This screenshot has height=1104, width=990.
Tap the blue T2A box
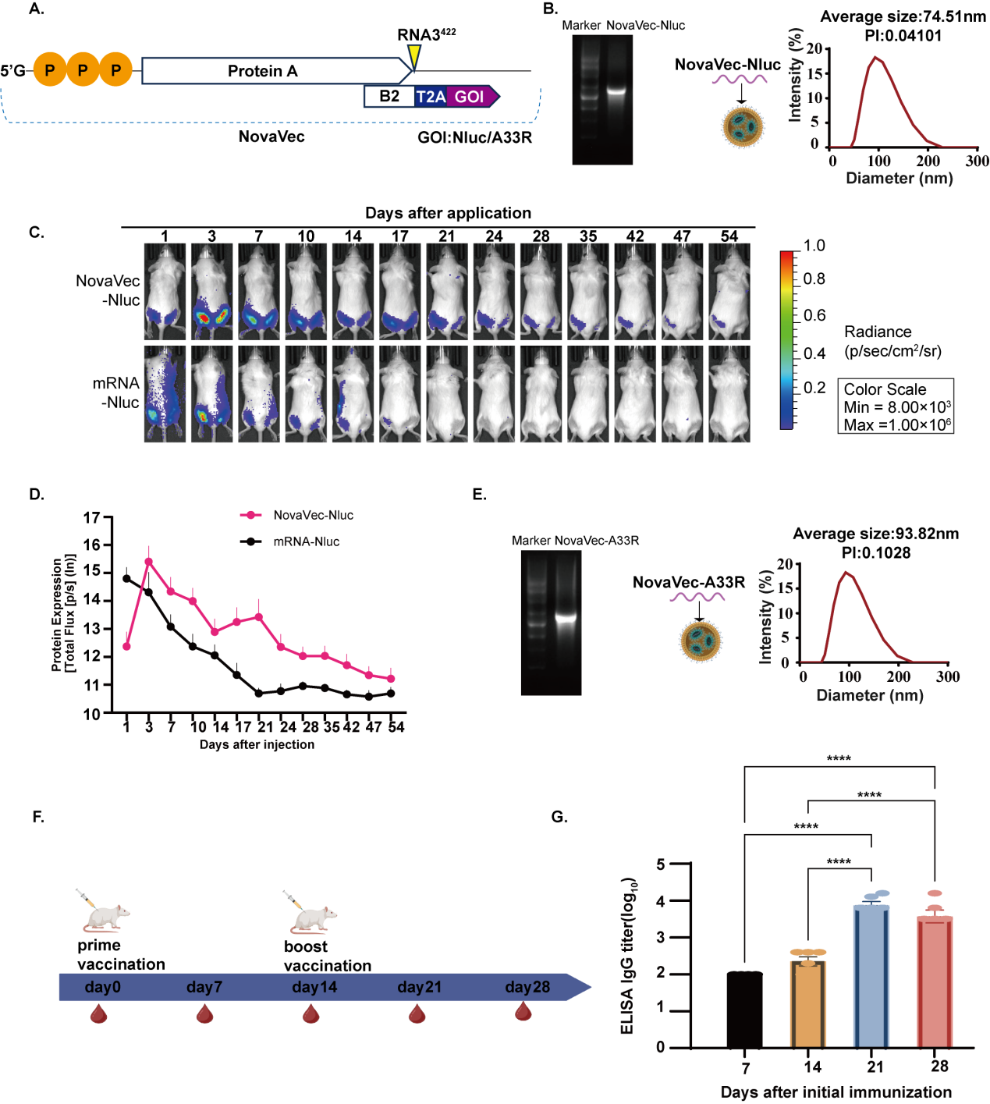pyautogui.click(x=431, y=97)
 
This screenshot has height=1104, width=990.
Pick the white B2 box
pyautogui.click(x=389, y=97)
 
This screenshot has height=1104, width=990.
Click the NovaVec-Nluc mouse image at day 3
pyautogui.click(x=212, y=292)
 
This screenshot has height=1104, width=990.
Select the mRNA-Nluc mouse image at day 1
pyautogui.click(x=165, y=393)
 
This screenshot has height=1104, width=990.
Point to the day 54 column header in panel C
pyautogui.click(x=729, y=236)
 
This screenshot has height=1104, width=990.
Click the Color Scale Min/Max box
pyautogui.click(x=895, y=406)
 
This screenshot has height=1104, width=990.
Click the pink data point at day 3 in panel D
pyautogui.click(x=149, y=561)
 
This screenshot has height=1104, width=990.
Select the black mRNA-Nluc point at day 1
pyautogui.click(x=126, y=578)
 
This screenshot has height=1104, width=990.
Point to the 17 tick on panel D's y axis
pyautogui.click(x=93, y=517)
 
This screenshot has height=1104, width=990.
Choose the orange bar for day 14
pyautogui.click(x=808, y=1003)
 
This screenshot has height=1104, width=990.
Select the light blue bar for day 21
pyautogui.click(x=871, y=975)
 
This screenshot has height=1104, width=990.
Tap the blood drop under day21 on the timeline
pyautogui.click(x=417, y=1013)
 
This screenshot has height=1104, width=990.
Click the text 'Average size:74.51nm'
pyautogui.click(x=903, y=17)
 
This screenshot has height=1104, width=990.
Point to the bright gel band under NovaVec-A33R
pyautogui.click(x=566, y=618)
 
